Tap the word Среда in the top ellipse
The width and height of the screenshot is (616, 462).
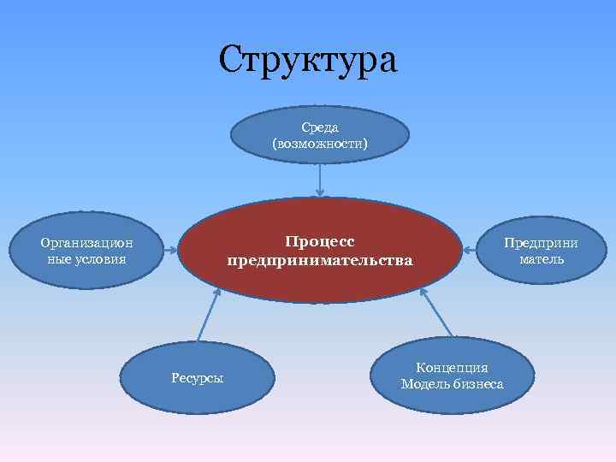coord(319,127)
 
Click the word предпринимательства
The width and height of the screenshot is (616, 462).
coord(319,259)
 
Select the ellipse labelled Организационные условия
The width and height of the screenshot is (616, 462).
coord(86,250)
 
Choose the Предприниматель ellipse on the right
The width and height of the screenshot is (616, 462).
coord(541,250)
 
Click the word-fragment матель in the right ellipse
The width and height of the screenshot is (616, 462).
coord(541,258)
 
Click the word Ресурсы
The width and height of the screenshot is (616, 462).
coord(197,378)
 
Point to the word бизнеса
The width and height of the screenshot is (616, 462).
coord(477,384)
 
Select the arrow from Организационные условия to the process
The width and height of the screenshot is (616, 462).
coord(172,251)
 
